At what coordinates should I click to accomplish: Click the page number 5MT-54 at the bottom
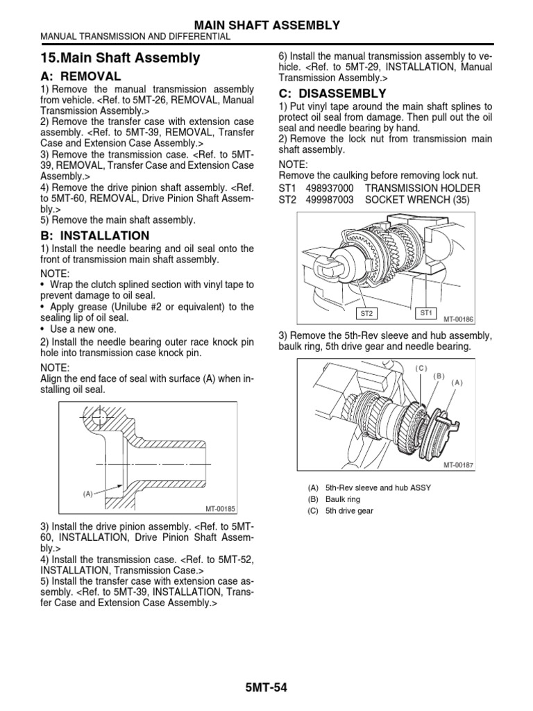tap(266, 688)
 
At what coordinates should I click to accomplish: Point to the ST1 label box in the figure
tap(427, 313)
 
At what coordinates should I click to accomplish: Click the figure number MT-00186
tap(457, 319)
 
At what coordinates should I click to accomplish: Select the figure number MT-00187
tap(457, 465)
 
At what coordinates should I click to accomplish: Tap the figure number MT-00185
tap(221, 508)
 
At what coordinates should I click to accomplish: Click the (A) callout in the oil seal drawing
tap(88, 494)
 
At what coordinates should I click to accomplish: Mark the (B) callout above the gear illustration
tap(439, 376)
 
